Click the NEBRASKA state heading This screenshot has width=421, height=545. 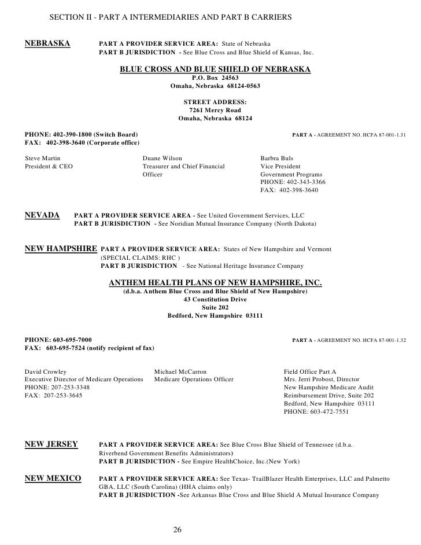[x=47, y=43]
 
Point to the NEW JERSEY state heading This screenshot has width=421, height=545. [x=51, y=444]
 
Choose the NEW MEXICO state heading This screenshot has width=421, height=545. [x=53, y=479]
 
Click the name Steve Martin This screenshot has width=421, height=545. [x=43, y=158]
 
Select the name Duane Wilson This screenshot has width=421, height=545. [x=162, y=158]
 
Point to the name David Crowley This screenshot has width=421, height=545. [x=45, y=371]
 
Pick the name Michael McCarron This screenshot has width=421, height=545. [x=180, y=371]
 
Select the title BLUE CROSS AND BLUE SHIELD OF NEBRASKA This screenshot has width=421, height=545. [x=215, y=69]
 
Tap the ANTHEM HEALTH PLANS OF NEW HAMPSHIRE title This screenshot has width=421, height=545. [x=215, y=283]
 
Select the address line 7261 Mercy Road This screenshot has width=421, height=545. [x=215, y=111]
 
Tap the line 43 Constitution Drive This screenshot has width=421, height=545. [x=215, y=300]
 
